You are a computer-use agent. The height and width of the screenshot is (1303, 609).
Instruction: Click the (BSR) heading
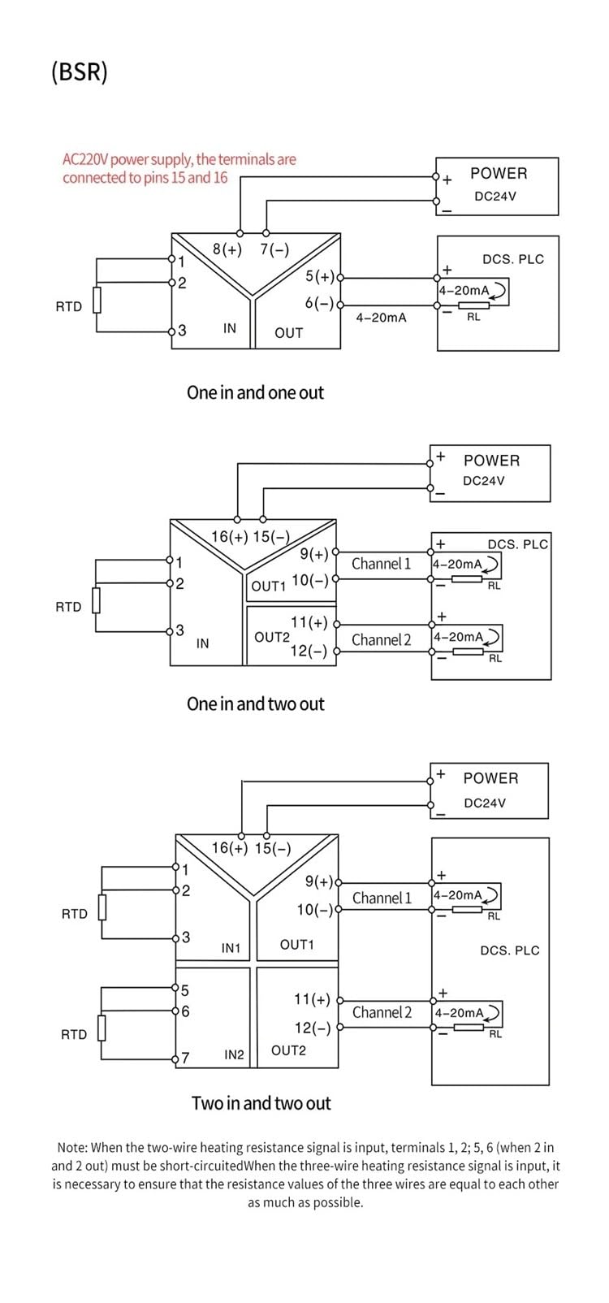[x=79, y=72]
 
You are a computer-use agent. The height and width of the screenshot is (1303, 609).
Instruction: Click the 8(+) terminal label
[x=227, y=249]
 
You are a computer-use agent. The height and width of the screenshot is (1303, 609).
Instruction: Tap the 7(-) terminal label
[x=274, y=249]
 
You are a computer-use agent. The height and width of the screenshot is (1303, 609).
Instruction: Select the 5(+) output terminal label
[x=320, y=276]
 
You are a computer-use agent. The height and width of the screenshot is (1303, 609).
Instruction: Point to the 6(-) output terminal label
[x=319, y=303]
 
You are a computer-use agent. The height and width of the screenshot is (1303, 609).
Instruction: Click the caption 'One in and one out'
[x=255, y=392]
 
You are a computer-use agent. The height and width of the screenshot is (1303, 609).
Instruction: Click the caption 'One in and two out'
[x=255, y=703]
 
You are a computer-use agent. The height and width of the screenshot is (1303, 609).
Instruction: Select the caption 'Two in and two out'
[x=261, y=1103]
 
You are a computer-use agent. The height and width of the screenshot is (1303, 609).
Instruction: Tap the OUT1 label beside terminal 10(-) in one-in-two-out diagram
[x=268, y=587]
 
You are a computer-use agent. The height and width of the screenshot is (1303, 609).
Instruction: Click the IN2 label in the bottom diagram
[x=235, y=1054]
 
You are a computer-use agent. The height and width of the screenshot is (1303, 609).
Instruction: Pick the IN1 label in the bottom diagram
[x=231, y=947]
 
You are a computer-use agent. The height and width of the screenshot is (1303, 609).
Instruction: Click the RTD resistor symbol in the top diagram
[x=97, y=300]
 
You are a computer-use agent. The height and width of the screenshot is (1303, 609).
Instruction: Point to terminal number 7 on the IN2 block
[x=185, y=1058]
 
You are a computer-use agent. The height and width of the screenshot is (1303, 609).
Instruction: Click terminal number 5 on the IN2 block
[x=185, y=990]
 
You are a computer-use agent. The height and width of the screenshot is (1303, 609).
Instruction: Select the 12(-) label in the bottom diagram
[x=313, y=1028]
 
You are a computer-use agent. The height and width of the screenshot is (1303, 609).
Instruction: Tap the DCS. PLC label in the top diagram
[x=513, y=259]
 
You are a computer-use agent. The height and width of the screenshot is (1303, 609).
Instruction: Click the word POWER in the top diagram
[x=499, y=173]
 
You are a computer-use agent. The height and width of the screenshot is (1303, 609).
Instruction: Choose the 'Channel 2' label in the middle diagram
[x=381, y=640]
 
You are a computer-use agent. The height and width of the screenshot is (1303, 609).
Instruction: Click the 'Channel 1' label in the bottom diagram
[x=382, y=898]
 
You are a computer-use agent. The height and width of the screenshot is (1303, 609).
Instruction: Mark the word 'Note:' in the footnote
[x=73, y=1148]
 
